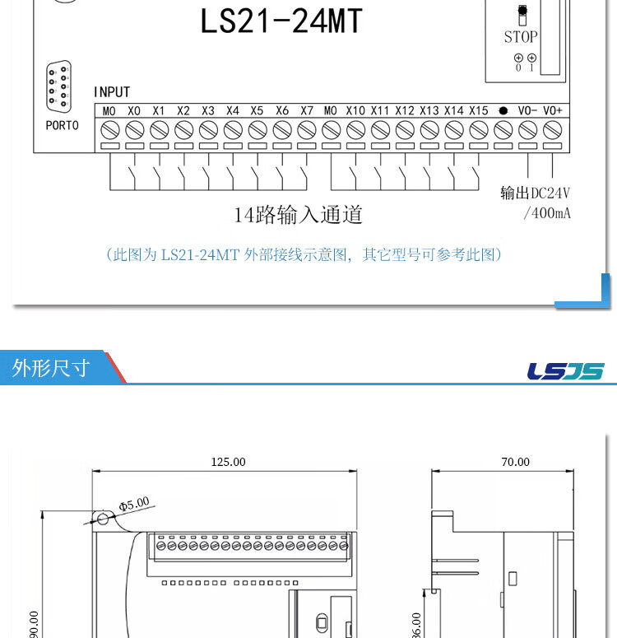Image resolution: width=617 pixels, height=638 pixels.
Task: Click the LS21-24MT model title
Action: (x=281, y=21)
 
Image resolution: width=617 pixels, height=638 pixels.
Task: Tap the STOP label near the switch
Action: (x=521, y=37)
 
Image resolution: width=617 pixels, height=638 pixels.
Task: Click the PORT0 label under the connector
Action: (x=62, y=126)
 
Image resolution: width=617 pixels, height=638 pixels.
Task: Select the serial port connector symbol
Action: (x=59, y=86)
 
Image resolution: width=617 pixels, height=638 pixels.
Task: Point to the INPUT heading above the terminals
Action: (x=112, y=92)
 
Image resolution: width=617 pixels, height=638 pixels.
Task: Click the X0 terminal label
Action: (x=135, y=110)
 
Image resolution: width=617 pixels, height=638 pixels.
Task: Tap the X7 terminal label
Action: (x=307, y=110)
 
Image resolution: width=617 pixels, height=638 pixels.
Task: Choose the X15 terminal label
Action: (x=479, y=110)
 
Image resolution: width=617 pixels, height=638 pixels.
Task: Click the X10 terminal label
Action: (x=355, y=110)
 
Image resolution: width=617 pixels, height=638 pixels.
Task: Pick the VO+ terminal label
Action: (x=553, y=110)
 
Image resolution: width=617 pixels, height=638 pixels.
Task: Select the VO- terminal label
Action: (x=528, y=110)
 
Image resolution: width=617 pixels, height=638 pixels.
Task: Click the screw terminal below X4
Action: (x=233, y=129)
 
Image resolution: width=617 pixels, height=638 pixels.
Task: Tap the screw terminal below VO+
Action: (x=553, y=129)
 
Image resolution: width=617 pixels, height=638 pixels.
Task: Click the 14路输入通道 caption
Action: (x=298, y=216)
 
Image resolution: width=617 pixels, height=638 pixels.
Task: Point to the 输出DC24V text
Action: (x=536, y=193)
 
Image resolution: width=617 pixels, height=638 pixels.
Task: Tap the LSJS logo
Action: (x=565, y=371)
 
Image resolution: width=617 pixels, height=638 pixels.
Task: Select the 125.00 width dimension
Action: (x=228, y=462)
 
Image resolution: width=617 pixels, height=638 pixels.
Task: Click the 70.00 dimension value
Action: (x=516, y=462)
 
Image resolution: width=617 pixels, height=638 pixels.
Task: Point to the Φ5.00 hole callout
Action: (x=134, y=503)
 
